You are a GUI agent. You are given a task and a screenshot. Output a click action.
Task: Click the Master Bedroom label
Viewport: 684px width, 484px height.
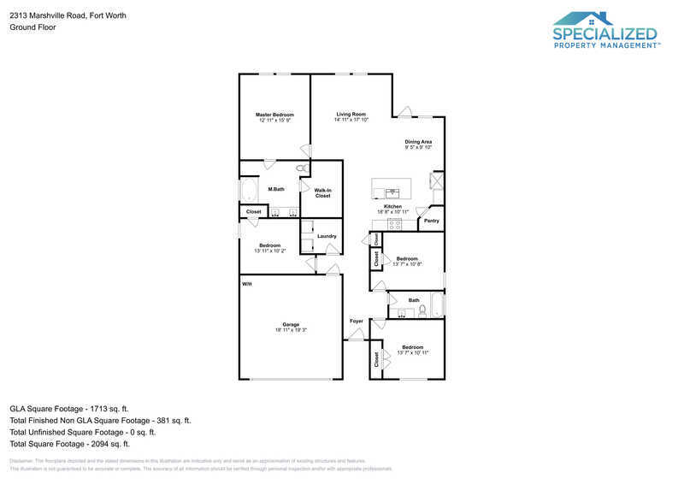click(274, 115)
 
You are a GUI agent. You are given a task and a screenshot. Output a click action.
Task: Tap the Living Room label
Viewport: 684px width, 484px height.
click(351, 115)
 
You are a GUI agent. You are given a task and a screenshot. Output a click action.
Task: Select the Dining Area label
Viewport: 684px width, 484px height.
click(418, 142)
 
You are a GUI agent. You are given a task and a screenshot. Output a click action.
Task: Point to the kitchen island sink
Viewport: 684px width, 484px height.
click(392, 192)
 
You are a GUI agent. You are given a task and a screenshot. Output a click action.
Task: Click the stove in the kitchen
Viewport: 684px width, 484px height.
click(394, 224)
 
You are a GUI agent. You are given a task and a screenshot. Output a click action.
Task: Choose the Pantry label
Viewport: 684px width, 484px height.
click(432, 221)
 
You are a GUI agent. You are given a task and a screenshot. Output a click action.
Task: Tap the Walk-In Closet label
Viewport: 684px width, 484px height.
click(322, 193)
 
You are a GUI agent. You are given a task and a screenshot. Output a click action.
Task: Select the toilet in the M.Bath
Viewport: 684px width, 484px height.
click(303, 169)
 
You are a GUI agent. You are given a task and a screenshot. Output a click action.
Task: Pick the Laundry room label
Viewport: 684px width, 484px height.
click(327, 236)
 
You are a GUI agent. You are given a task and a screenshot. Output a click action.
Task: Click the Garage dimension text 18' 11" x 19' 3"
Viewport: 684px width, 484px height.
click(291, 330)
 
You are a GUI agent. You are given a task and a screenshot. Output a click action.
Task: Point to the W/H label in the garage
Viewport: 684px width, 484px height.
click(246, 284)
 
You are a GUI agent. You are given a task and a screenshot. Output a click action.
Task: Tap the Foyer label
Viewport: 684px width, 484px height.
click(357, 322)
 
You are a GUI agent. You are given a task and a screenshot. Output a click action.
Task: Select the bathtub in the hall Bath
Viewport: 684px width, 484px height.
click(437, 305)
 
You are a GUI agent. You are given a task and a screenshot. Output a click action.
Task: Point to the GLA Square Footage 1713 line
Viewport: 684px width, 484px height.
click(69, 409)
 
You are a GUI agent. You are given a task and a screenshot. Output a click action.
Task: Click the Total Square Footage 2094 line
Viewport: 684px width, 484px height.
click(69, 444)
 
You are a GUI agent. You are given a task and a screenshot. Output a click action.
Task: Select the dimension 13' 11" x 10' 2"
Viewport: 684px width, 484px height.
click(270, 251)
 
